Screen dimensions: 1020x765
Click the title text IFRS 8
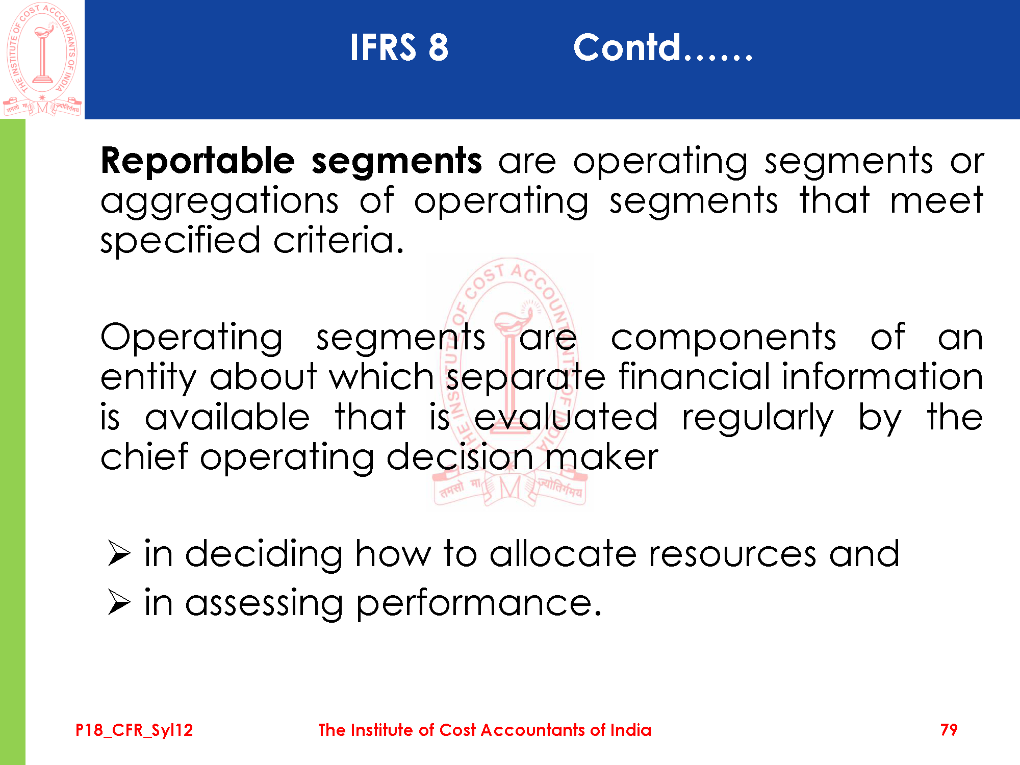[x=399, y=47]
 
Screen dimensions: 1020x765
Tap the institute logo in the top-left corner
[x=42, y=59]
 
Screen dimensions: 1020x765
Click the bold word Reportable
[x=198, y=161]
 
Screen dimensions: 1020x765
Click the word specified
[x=181, y=241]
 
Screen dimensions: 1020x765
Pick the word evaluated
[x=566, y=416]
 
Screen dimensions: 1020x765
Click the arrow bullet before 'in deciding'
[x=119, y=554]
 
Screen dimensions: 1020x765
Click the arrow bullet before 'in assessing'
[x=119, y=603]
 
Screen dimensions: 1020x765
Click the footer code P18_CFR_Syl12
[x=134, y=730]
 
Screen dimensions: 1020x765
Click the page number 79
[x=949, y=730]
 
